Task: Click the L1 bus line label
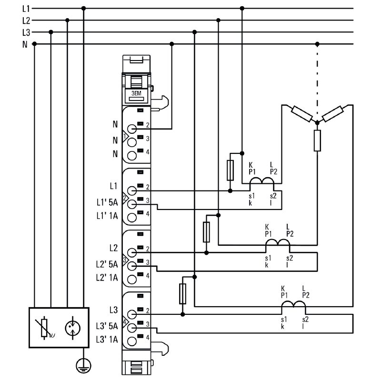coord(26,8)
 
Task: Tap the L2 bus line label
coord(26,20)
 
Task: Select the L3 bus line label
coord(26,32)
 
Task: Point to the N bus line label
coord(24,44)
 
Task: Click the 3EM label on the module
coord(136,94)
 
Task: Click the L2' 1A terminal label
coord(108,277)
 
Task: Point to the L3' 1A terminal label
coord(108,339)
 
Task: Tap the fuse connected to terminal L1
coord(231,170)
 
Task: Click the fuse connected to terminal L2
coord(206,231)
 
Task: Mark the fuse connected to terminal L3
coord(182,293)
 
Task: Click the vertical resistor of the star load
coord(317,140)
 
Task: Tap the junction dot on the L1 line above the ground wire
coord(84,8)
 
